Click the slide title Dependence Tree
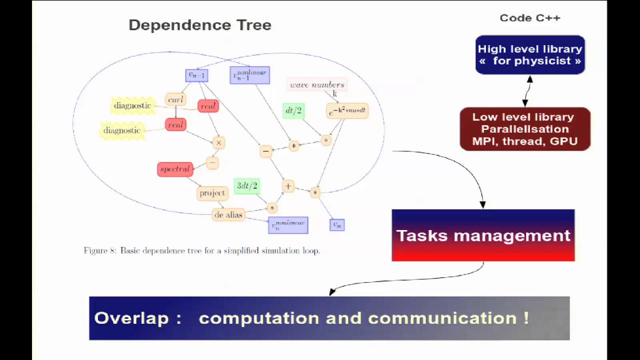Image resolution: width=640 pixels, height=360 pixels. click(200, 25)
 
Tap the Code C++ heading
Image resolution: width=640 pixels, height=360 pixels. click(530, 18)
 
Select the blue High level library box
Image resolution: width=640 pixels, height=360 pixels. click(530, 55)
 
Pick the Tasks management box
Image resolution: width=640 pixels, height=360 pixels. click(483, 235)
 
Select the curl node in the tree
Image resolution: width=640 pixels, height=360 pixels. click(175, 99)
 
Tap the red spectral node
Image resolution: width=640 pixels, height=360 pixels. click(175, 169)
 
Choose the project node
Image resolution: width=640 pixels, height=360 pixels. click(212, 193)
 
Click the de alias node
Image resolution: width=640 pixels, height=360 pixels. click(228, 215)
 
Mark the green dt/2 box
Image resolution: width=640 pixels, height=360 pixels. click(293, 110)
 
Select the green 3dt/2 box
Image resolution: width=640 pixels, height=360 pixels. click(247, 185)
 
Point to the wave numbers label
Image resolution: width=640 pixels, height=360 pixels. click(317, 85)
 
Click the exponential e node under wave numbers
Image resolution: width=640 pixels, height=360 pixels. click(347, 111)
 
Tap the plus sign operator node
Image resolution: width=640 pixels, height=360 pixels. click(288, 186)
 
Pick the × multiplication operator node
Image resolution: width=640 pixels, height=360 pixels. click(218, 143)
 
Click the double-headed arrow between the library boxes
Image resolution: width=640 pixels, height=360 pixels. click(527, 91)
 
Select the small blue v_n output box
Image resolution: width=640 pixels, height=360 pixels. click(337, 225)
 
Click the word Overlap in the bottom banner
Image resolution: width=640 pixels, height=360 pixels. click(131, 318)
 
